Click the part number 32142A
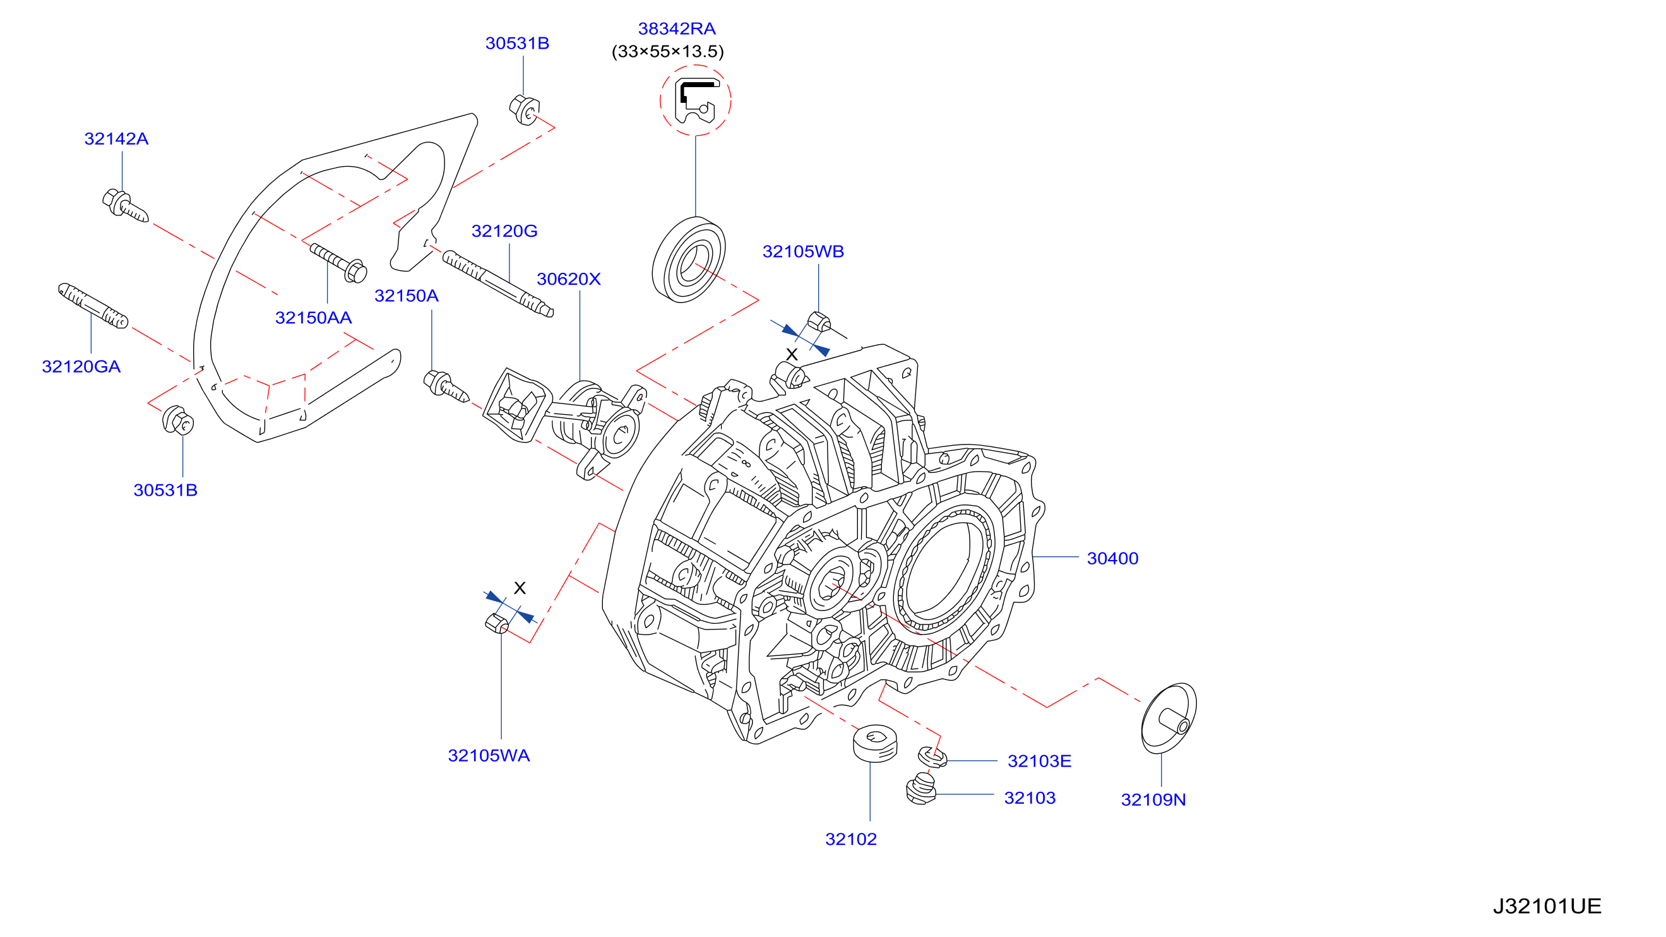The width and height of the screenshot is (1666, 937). click(116, 139)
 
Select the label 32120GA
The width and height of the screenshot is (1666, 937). click(81, 367)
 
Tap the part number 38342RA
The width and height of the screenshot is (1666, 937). click(677, 29)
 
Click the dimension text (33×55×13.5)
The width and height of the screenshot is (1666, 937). click(667, 52)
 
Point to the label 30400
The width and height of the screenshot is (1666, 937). click(1112, 559)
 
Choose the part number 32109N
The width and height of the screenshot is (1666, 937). click(1153, 800)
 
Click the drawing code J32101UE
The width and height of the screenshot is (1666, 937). click(1547, 906)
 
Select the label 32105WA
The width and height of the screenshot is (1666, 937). click(489, 756)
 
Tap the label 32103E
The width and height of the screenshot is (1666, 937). click(1039, 761)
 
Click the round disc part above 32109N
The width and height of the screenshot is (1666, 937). click(1169, 719)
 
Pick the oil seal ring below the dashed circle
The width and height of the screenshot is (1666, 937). click(688, 260)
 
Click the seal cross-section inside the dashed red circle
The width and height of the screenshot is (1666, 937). click(696, 101)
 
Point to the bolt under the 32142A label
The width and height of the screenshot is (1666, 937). click(126, 206)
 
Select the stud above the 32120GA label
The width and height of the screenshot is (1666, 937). click(93, 306)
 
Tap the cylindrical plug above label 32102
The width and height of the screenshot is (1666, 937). click(875, 744)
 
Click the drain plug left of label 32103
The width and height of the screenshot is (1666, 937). click(922, 789)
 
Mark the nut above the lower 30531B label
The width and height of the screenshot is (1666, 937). click(178, 421)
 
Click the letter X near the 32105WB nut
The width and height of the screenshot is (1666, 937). click(792, 354)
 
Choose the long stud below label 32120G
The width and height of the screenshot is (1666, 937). click(498, 285)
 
